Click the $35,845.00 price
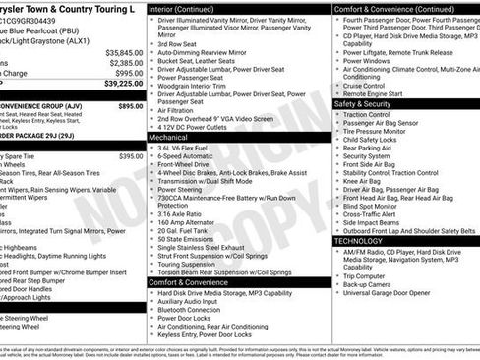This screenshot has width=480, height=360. coord(124,52)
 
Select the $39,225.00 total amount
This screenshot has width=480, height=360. coord(123,84)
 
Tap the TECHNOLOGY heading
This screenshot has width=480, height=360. coord(358,240)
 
